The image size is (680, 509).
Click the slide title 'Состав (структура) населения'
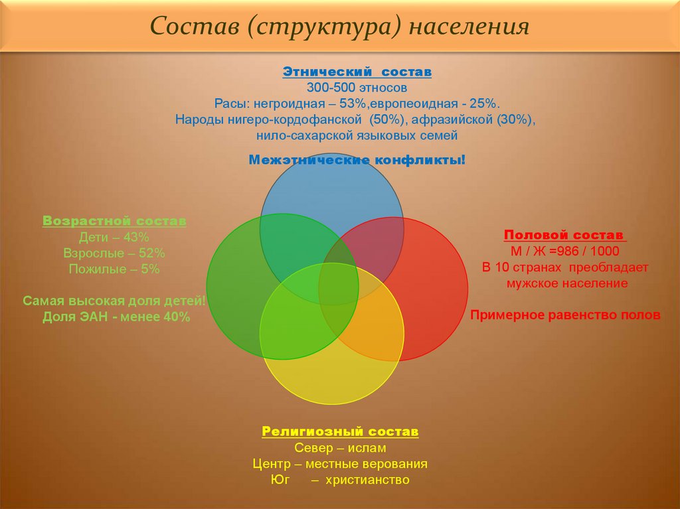point(339,26)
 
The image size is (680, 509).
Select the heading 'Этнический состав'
point(357,72)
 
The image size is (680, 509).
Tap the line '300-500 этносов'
point(357,88)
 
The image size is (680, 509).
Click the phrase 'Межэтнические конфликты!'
point(357,159)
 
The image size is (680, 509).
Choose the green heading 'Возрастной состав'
point(114,221)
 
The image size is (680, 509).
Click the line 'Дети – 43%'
point(114,237)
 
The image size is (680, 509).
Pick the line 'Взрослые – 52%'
point(114,254)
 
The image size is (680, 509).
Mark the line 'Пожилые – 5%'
point(114,269)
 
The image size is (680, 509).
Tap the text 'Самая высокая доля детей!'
point(114,301)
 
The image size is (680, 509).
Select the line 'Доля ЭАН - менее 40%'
point(116,317)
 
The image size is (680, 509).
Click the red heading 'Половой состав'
point(565,235)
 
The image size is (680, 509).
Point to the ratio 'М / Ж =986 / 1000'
point(565,251)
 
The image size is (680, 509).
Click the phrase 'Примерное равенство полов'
point(566,315)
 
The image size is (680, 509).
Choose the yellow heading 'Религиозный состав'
point(340,431)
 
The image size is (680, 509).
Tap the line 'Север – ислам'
point(340,448)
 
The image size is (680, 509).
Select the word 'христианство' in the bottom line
point(367,480)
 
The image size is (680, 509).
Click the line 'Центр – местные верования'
point(340,464)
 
